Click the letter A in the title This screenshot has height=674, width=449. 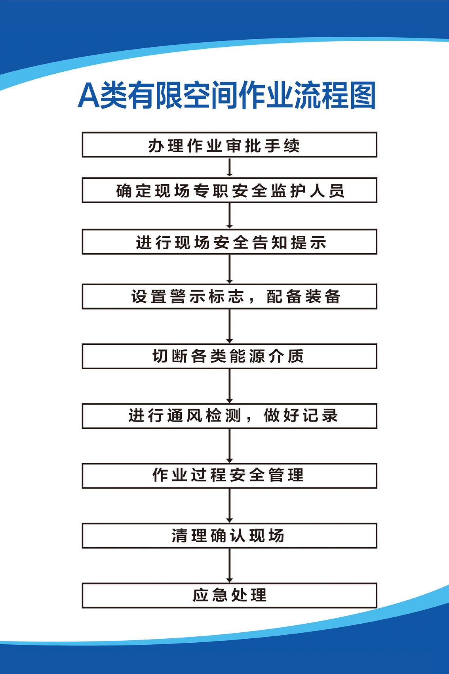coord(88,95)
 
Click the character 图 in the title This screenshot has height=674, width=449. coord(363,95)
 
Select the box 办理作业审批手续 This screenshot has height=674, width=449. coord(230,145)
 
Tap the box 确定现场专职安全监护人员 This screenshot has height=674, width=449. coord(230,190)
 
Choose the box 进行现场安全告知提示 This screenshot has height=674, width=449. coord(230,242)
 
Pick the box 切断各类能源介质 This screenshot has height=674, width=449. coord(230,356)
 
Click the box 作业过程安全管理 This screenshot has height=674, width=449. coord(230,476)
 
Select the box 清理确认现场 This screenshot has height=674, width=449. coord(230,536)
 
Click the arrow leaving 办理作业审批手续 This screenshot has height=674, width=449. coord(230,167)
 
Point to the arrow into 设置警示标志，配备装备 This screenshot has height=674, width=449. coord(230,269)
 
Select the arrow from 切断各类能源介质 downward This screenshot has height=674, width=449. coord(230,386)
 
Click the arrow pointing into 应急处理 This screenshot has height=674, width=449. coord(230,565)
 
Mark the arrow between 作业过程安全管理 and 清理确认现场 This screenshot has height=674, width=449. coord(230,506)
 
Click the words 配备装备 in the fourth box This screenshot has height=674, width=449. coord(303,297)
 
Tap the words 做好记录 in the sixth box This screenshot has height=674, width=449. coord(301,416)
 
